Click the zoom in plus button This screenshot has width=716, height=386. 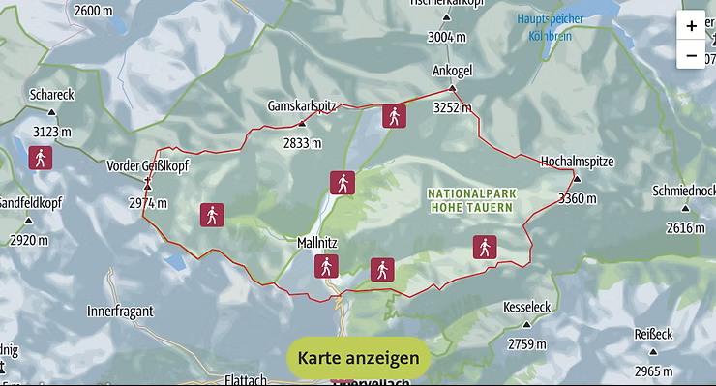point(691,26)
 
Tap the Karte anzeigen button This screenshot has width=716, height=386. point(358,357)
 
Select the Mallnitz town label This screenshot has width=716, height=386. point(318,244)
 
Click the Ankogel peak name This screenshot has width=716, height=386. point(451,70)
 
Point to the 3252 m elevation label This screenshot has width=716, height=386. point(451,108)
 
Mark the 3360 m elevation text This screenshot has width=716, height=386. point(579,198)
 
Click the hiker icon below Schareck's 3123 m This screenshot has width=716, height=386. point(40,158)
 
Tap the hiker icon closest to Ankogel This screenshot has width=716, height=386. point(393,117)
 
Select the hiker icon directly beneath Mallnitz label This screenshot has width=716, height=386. point(327,267)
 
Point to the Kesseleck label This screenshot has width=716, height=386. point(527,307)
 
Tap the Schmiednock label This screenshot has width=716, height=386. point(684,190)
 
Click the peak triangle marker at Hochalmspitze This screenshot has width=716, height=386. point(577,178)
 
